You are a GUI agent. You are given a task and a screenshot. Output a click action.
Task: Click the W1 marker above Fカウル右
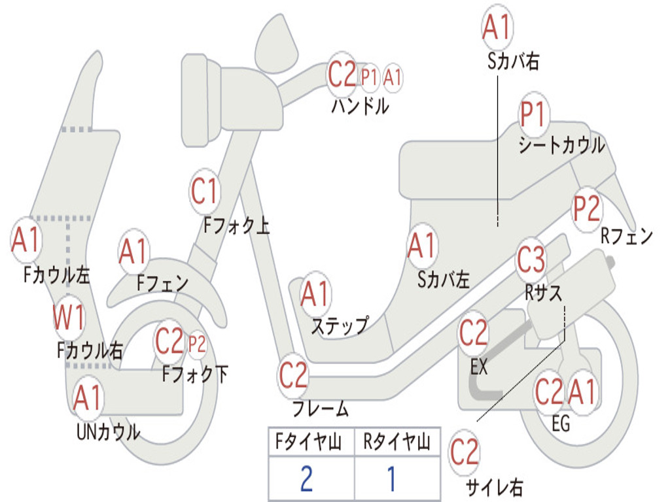69,318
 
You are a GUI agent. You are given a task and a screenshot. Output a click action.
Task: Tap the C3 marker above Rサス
531,260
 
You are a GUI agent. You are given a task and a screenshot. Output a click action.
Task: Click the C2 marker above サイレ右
465,452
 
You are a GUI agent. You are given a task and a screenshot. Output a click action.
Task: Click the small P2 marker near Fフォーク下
197,343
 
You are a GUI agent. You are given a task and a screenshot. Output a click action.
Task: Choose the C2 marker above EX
473,334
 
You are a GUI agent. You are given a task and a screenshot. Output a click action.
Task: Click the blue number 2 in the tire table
306,479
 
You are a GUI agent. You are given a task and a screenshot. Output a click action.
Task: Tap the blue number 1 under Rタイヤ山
392,479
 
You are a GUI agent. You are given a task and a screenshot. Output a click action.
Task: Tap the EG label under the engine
561,424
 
